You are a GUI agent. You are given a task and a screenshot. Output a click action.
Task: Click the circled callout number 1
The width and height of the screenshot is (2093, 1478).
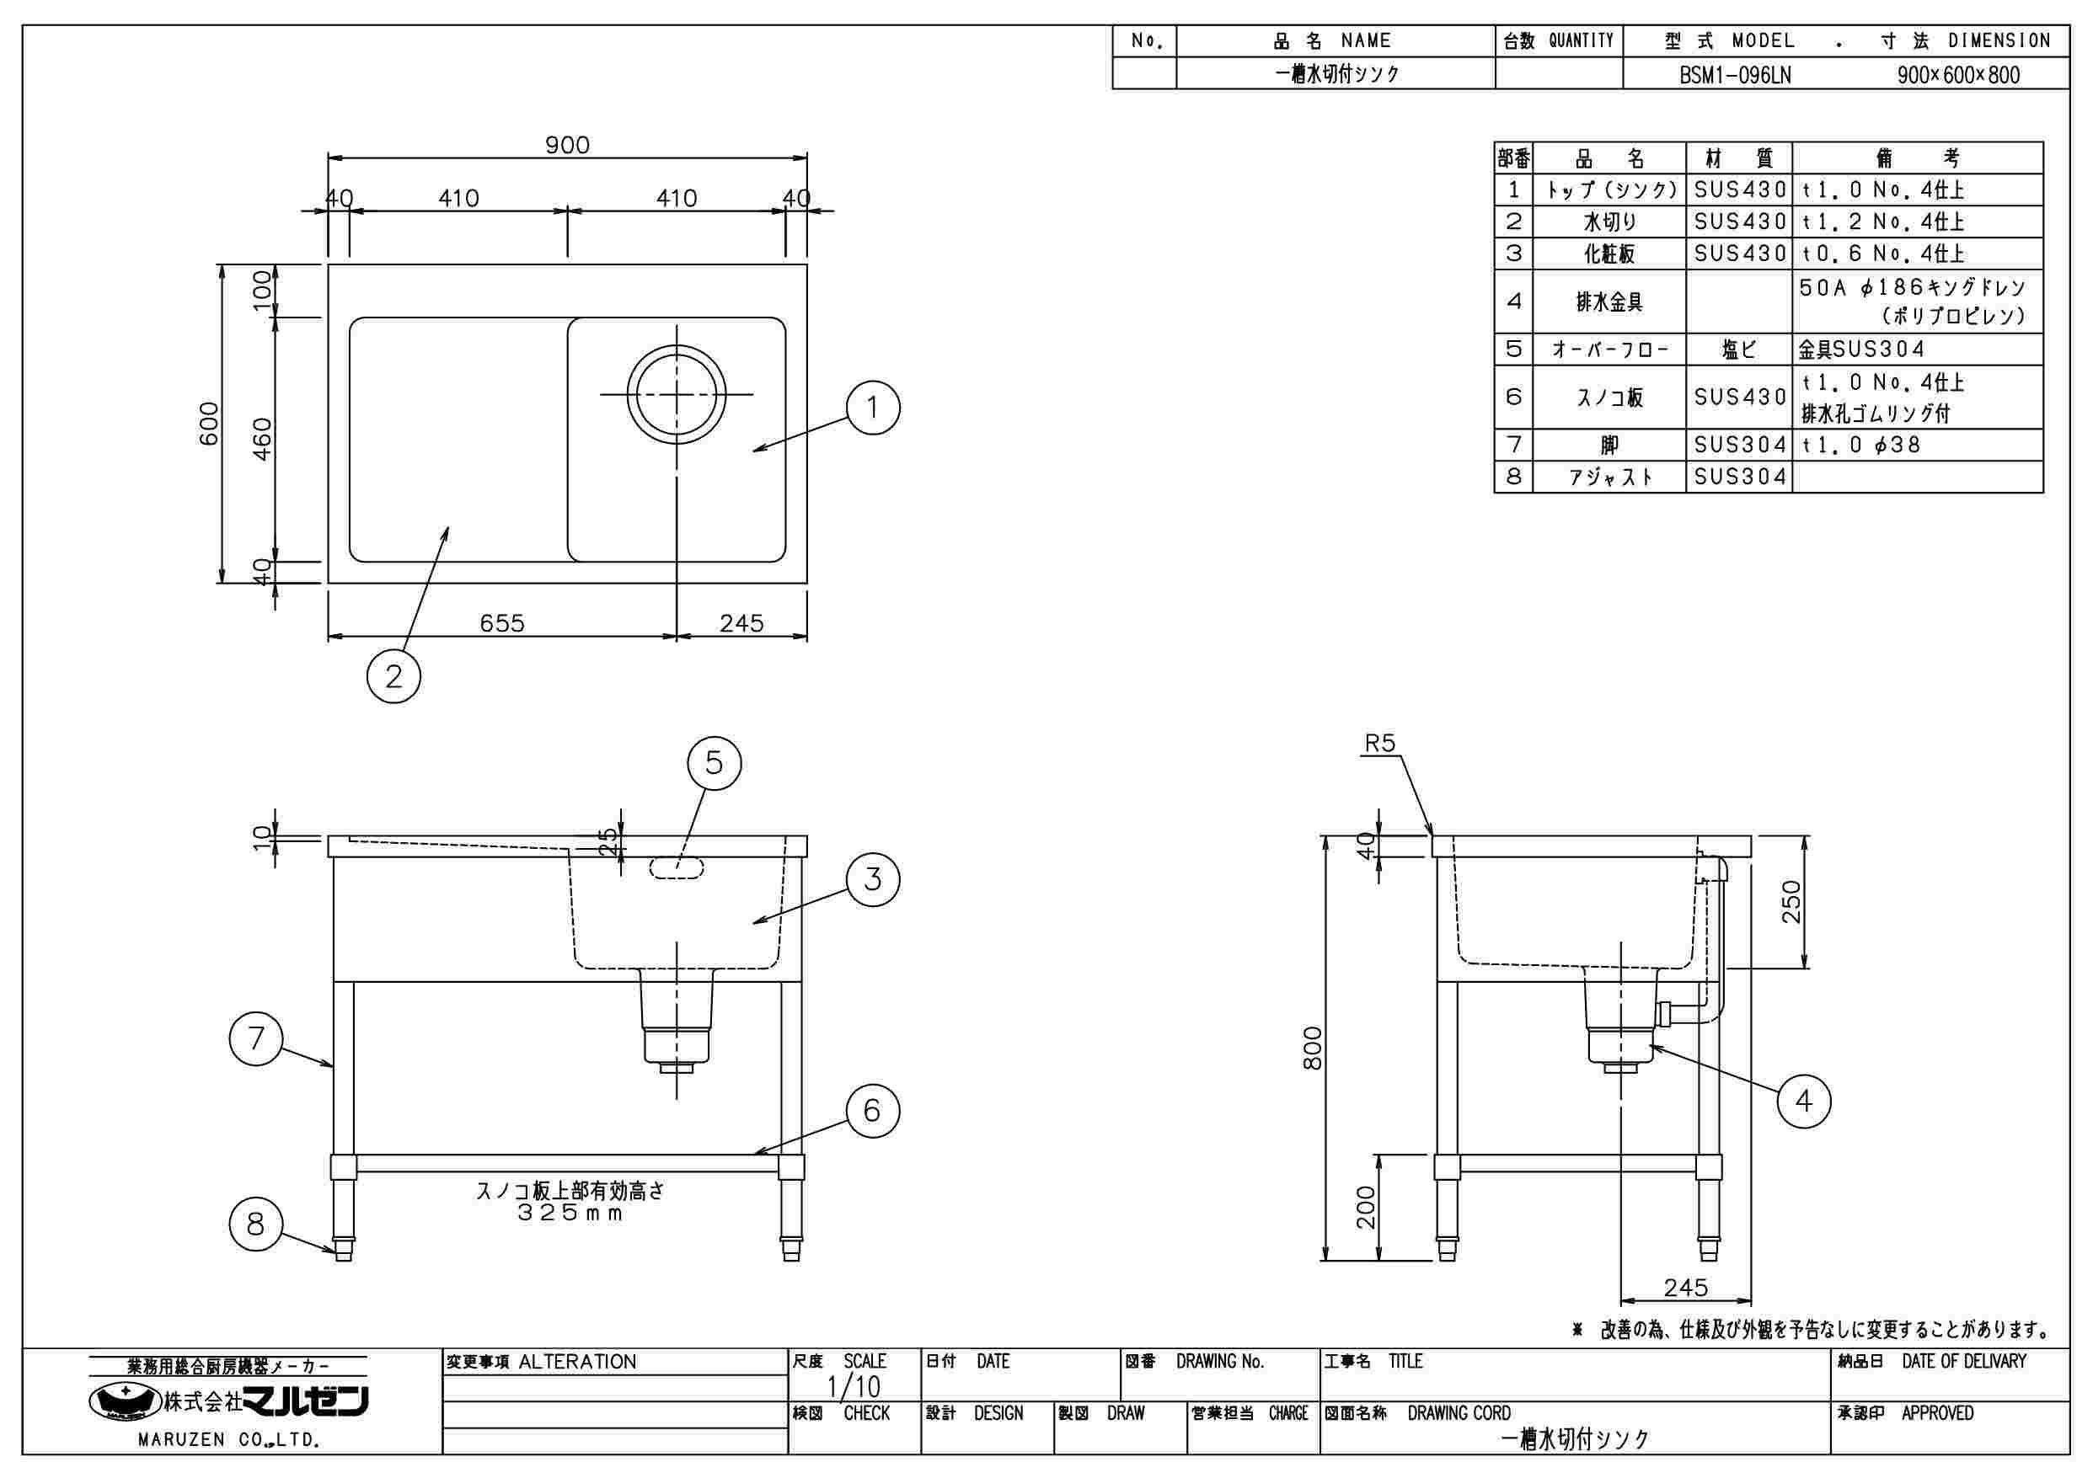(872, 408)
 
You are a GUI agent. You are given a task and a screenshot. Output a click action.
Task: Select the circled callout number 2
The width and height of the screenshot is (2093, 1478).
(393, 676)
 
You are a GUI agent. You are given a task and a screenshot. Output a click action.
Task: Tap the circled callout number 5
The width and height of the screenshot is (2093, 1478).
(714, 763)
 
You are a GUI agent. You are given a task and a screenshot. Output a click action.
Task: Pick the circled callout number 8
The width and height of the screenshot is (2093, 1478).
(255, 1223)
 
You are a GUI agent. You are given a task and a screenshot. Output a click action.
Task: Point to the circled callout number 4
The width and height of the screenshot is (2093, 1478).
(1803, 1102)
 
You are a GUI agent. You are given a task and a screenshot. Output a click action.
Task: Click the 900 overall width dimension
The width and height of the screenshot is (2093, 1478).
(567, 145)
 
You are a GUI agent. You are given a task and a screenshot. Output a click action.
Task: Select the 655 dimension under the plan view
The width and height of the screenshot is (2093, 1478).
(502, 623)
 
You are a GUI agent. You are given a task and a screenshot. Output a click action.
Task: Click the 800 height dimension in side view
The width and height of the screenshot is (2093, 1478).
(1313, 1048)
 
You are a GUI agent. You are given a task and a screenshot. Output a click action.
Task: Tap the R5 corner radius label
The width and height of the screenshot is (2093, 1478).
(1379, 744)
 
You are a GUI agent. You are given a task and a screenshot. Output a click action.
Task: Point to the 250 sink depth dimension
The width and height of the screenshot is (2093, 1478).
(1792, 901)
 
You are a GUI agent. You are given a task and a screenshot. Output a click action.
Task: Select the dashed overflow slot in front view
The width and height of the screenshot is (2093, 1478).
(677, 867)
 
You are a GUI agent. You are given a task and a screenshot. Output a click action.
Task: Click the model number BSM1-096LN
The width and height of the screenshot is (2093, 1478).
(1735, 75)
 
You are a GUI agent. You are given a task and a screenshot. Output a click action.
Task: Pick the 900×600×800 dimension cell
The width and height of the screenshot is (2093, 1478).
(1958, 75)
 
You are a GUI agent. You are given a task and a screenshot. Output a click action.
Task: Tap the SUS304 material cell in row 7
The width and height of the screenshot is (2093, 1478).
(1739, 445)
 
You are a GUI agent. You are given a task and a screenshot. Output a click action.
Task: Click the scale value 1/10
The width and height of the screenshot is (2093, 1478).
(854, 1387)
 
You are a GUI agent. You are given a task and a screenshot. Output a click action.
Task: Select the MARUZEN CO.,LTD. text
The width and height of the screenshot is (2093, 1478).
(227, 1441)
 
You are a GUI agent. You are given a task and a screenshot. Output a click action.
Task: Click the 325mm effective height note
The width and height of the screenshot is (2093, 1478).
(570, 1213)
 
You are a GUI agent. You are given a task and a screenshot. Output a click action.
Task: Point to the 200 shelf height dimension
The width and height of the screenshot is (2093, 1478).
(1366, 1208)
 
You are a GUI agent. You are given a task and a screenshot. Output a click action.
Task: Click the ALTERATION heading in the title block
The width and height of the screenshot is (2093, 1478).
(577, 1363)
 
